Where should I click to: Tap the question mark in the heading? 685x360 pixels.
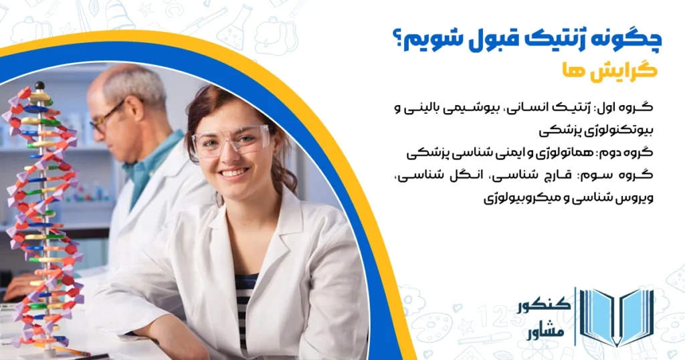pyautogui.click(x=397, y=39)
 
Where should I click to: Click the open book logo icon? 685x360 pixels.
pyautogui.click(x=614, y=317)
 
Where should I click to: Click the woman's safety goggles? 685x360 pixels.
pyautogui.click(x=231, y=141)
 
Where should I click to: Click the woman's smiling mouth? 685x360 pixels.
pyautogui.click(x=233, y=173)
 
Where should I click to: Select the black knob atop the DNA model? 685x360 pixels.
pyautogui.click(x=39, y=86)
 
